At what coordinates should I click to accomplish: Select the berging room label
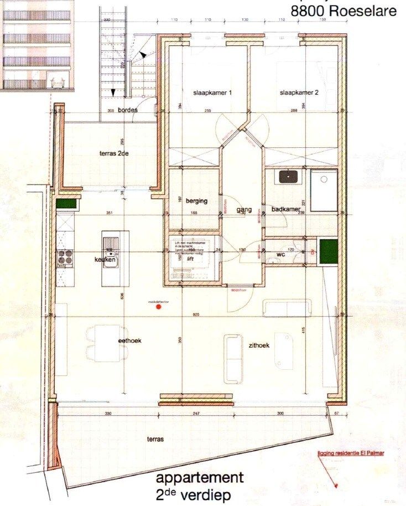point(196,201)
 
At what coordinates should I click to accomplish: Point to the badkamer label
point(285,209)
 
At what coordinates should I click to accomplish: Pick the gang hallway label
point(244,210)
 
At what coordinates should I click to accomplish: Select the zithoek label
point(259,345)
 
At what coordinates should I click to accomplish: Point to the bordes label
point(128,110)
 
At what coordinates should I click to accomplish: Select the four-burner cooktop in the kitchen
point(66,257)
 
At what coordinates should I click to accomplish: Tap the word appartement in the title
point(200,478)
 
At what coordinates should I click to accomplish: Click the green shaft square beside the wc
point(329,251)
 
